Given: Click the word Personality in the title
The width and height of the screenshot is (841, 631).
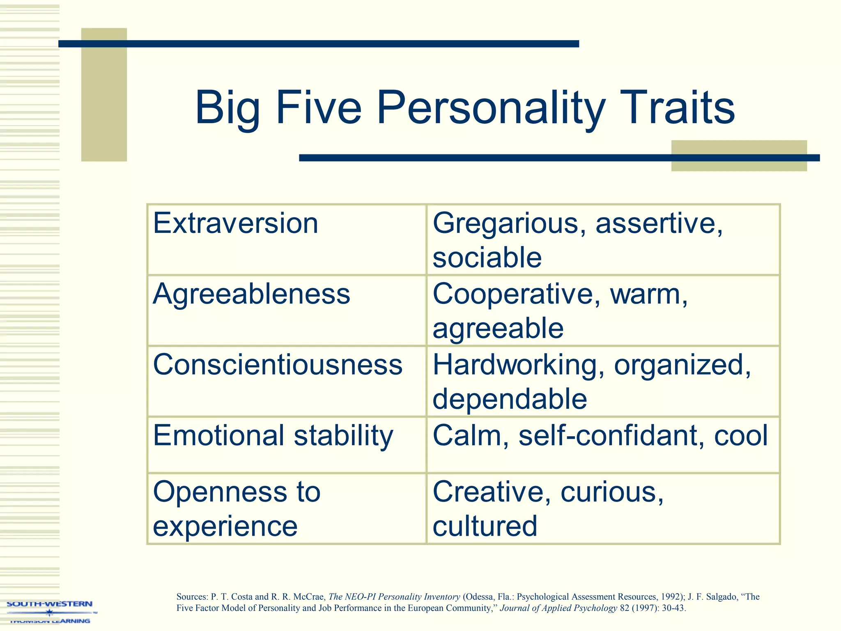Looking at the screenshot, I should tap(491, 108).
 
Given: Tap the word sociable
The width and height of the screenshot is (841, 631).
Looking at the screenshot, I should tap(487, 258).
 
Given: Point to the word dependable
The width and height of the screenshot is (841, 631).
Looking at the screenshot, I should tap(510, 399).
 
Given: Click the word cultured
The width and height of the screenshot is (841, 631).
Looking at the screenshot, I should tap(485, 526).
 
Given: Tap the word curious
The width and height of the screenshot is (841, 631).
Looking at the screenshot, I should tap(611, 492).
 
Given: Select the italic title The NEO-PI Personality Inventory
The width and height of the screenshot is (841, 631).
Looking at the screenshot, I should tap(394, 597).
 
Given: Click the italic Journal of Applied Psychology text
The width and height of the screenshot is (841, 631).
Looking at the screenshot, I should tap(558, 608).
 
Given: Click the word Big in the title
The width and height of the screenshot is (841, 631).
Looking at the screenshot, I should tap(227, 108).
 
